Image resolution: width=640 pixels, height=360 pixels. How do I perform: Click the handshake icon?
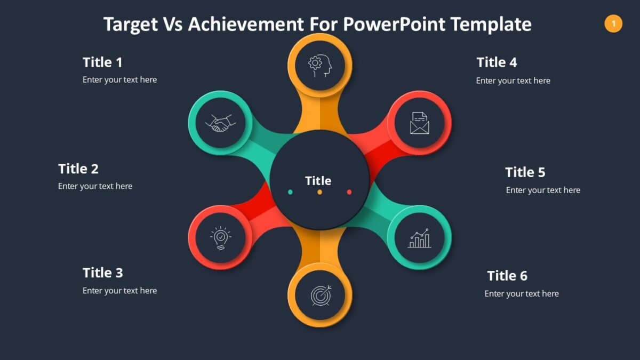coord(220,123)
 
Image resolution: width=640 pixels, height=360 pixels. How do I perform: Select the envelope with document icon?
coord(419,123)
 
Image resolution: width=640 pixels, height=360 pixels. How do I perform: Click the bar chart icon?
coord(419,238)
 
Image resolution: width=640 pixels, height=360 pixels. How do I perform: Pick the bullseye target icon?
coord(321,295)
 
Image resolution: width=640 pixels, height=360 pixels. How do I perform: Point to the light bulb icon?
coord(220,238)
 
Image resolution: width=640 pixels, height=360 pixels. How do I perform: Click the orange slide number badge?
coord(613,23)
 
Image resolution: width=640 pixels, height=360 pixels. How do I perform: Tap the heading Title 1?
coord(102,62)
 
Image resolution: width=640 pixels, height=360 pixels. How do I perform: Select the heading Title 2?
coord(78,169)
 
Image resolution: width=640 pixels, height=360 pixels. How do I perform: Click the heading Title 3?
coord(102,273)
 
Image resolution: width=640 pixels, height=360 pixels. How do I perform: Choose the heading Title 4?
coord(497,62)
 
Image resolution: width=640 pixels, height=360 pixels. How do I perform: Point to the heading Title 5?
coord(525,172)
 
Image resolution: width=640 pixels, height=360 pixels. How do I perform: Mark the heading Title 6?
coord(507,276)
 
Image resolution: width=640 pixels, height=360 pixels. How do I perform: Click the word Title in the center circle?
coord(318,181)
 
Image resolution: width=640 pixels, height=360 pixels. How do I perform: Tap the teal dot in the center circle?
coord(290,192)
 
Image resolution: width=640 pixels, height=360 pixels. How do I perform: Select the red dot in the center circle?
coord(349,192)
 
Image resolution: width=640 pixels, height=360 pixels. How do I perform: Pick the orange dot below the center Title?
coord(320,192)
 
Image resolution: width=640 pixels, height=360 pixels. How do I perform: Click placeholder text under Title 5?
coord(543,190)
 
